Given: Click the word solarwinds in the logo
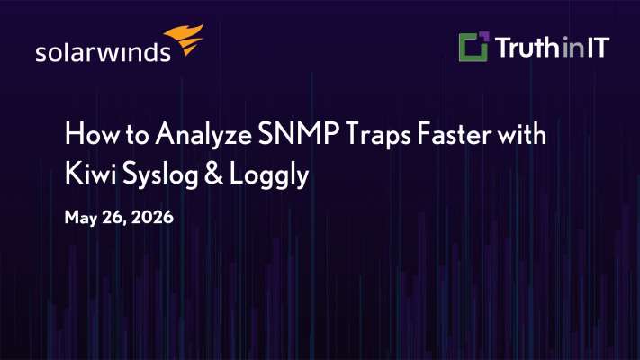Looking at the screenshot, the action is [103, 52].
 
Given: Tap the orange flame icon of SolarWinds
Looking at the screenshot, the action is [185, 39].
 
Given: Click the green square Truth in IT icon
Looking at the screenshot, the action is [473, 47].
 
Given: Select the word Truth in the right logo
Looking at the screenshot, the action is [527, 48].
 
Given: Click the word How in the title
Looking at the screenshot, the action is [92, 134].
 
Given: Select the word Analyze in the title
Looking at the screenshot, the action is [203, 135].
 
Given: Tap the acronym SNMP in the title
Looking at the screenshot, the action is [298, 134].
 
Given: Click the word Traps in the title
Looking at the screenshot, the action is [378, 135].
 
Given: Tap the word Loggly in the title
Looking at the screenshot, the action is [269, 175].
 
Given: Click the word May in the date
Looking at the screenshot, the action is [81, 218].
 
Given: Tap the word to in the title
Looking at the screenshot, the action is [137, 136].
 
